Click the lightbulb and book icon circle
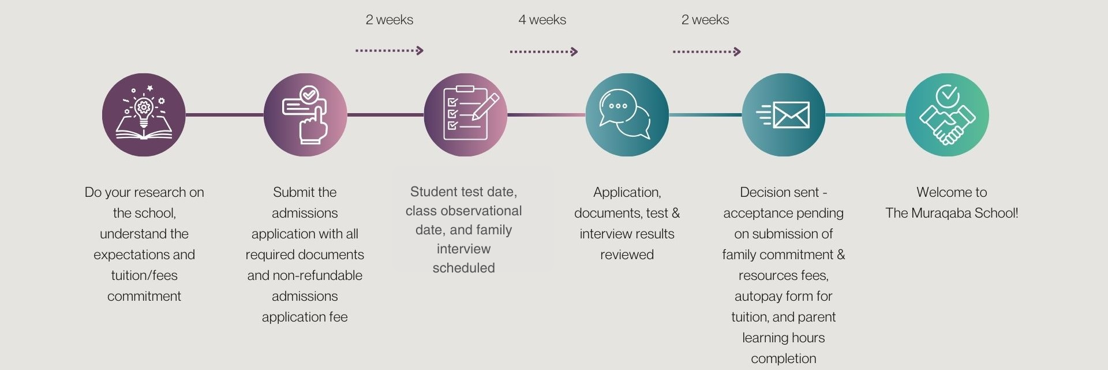pos(144,115)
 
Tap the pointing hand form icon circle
pos(305,115)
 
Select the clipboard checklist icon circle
pos(465,115)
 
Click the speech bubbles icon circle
pos(627,115)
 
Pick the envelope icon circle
pos(783,115)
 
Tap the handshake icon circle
pos(946,115)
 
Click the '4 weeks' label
pos(542,20)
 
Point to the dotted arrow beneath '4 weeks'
pos(543,52)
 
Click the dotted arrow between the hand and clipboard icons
pos(389,51)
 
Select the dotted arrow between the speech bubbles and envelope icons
pos(706,52)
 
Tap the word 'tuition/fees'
pos(144,275)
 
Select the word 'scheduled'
pos(463,268)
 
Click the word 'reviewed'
pos(627,255)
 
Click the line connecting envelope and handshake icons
pos(865,115)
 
